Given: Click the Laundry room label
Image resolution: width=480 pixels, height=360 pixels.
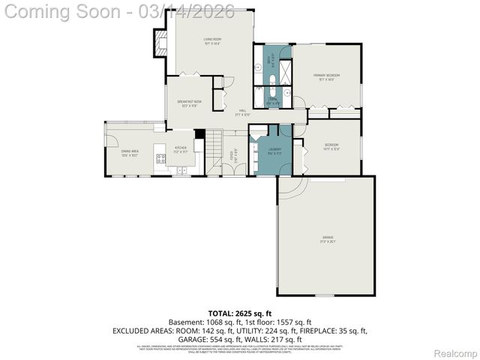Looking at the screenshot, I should click(274, 150).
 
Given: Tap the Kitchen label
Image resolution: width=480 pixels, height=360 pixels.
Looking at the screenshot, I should click(181, 148).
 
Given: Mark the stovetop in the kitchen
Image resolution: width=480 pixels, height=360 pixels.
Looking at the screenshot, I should click(160, 158).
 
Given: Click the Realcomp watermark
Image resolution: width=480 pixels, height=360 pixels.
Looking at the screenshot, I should click(456, 353).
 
